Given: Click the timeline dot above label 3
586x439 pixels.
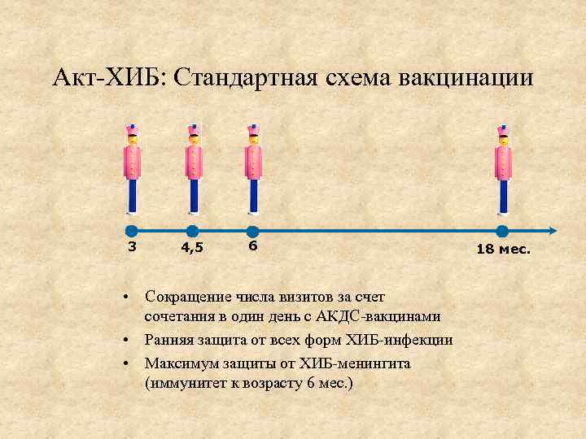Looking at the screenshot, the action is (x=132, y=231).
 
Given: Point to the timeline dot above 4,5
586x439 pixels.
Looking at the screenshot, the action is (x=192, y=231).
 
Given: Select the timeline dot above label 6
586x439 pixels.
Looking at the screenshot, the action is (x=252, y=231).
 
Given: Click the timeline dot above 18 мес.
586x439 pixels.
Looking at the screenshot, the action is (x=502, y=231).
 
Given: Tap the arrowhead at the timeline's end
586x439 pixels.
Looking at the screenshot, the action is (x=553, y=231).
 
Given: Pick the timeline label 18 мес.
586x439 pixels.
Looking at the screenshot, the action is (x=503, y=250).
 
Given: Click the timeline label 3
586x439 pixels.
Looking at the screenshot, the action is (x=132, y=246).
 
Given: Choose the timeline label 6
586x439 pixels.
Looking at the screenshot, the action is (x=253, y=246).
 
